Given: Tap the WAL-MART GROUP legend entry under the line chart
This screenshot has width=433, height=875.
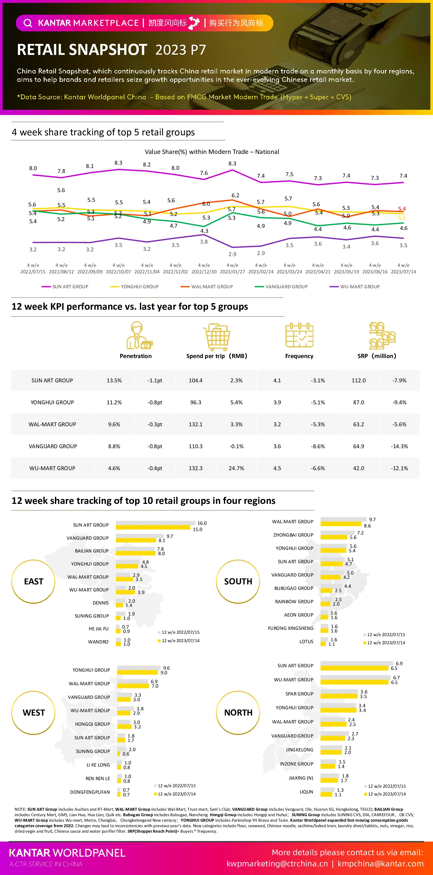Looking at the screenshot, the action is (207, 287).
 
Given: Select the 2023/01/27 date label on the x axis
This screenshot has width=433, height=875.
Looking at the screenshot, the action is (232, 272).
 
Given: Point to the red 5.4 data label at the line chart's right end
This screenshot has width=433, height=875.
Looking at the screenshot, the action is (402, 209).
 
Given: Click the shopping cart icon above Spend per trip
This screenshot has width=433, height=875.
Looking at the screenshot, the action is (216, 337).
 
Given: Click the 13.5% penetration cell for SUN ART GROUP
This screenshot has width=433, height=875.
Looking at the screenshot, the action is (114, 381).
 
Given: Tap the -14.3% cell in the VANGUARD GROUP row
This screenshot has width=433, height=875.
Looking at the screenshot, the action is (399, 446).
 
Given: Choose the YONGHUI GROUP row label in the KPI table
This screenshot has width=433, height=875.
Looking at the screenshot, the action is (52, 402).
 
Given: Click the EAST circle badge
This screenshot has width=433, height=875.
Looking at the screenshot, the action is (33, 581).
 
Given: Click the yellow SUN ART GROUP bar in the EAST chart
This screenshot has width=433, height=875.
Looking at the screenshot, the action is (153, 527).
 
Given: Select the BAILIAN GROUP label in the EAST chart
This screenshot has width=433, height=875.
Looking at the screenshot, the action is (92, 551).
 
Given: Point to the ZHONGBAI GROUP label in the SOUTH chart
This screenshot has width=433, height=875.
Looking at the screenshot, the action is (293, 535).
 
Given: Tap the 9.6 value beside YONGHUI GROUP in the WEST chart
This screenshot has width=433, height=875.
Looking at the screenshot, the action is (167, 668).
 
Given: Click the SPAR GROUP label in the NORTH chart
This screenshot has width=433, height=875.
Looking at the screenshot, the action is (299, 694).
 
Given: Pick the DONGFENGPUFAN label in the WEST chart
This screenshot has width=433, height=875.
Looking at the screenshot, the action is (90, 792).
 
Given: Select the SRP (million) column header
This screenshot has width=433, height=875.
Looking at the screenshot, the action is (377, 356).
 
